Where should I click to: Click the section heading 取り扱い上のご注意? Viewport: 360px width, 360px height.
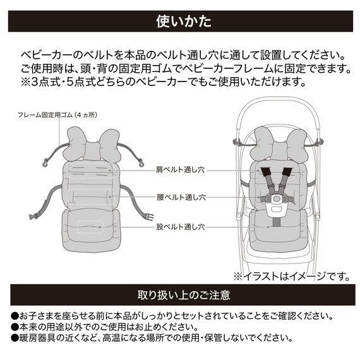pos(180,295)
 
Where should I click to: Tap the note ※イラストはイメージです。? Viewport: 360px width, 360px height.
pos(291,275)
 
